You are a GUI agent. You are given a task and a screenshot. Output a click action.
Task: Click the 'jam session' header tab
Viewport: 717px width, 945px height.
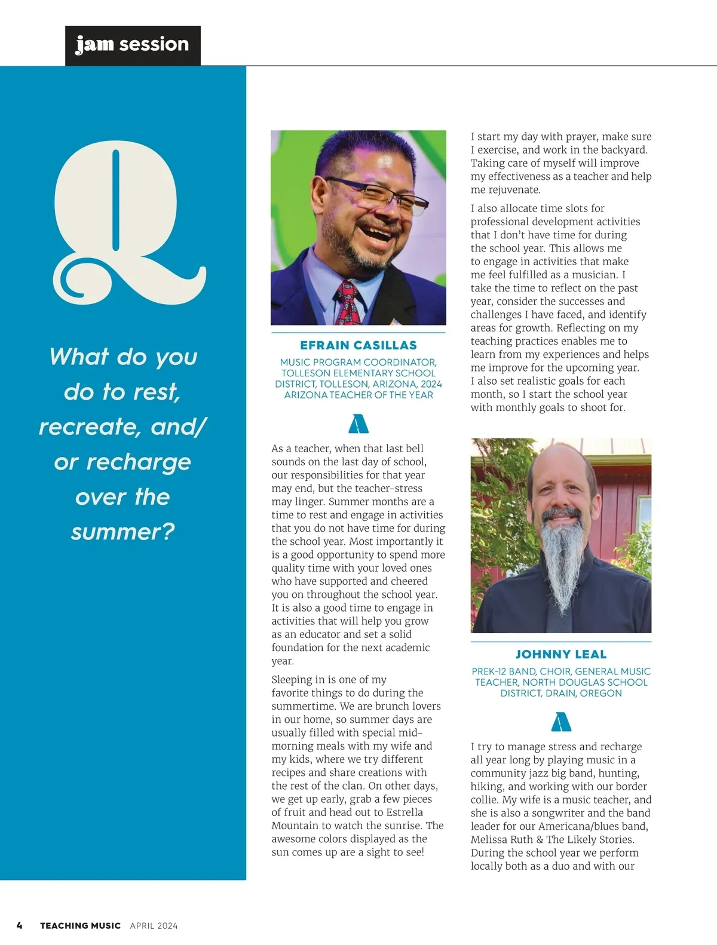[132, 45]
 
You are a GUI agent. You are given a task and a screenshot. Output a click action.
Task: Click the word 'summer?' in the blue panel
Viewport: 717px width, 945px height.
[122, 531]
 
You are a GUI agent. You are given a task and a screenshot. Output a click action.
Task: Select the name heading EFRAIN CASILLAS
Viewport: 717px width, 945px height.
[358, 345]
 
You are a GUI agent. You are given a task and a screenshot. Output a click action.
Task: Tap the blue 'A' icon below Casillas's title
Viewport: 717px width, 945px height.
[358, 424]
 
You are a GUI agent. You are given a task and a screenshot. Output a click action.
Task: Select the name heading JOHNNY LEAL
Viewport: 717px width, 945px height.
[561, 654]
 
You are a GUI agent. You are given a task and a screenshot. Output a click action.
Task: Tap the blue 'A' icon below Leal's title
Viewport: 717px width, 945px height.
[561, 722]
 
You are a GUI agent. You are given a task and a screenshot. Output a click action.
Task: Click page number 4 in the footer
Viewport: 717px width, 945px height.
[20, 925]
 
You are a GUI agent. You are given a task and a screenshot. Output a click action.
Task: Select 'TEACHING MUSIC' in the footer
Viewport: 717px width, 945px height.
[80, 925]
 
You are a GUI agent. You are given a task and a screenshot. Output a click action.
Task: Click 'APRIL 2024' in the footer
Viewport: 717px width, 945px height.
[154, 925]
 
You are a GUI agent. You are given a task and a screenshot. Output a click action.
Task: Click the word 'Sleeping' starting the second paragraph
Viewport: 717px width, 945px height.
[291, 680]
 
